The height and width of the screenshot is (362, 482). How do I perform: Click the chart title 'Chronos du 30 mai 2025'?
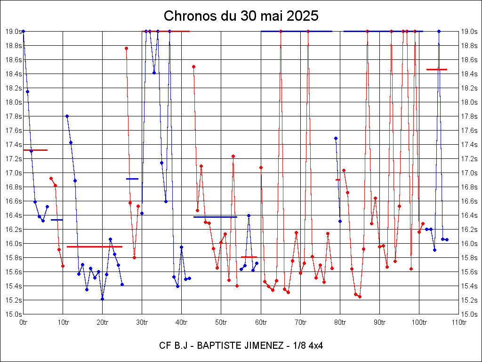click(241, 16)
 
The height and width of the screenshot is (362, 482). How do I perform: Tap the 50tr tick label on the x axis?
click(221, 323)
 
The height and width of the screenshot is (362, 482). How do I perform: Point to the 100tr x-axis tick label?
click(419, 323)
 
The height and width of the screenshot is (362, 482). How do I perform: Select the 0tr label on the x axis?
click(24, 323)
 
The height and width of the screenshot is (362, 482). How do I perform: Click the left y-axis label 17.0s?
click(13, 173)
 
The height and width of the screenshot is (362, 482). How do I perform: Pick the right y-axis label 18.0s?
click(469, 102)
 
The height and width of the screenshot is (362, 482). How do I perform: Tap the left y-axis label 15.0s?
click(13, 314)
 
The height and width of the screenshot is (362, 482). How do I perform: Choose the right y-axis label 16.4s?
click(469, 215)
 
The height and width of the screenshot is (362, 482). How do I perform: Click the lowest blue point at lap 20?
click(102, 299)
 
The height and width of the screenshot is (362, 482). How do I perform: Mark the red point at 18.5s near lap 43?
click(193, 66)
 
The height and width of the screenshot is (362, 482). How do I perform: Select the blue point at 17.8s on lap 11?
click(67, 116)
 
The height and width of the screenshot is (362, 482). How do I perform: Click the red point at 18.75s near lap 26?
click(126, 48)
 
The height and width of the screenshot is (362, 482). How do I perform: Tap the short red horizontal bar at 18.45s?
click(436, 69)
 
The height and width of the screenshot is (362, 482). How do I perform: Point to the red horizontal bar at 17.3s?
click(35, 150)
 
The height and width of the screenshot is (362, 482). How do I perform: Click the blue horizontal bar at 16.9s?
click(132, 179)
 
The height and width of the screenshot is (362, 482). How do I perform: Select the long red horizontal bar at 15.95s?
click(94, 247)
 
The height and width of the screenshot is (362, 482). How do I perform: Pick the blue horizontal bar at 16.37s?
click(215, 217)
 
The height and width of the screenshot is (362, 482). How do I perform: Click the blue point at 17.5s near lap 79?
click(336, 138)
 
